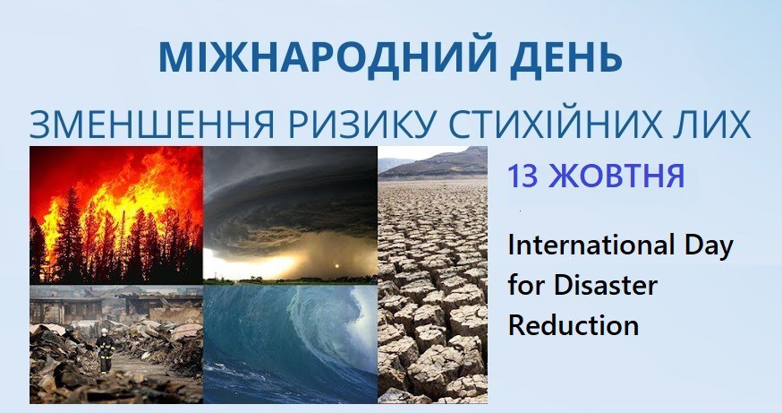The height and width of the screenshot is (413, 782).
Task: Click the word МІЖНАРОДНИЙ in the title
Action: click(327, 56)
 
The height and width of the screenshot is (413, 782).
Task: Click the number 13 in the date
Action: click(523, 176)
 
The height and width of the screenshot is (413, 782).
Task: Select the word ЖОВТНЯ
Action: click(616, 176)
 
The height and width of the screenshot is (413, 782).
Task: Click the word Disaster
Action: click(606, 286)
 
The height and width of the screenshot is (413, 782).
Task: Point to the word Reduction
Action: click(574, 325)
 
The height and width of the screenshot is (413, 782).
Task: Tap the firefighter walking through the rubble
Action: click(105, 350)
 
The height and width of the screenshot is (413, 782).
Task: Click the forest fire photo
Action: click(116, 215)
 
